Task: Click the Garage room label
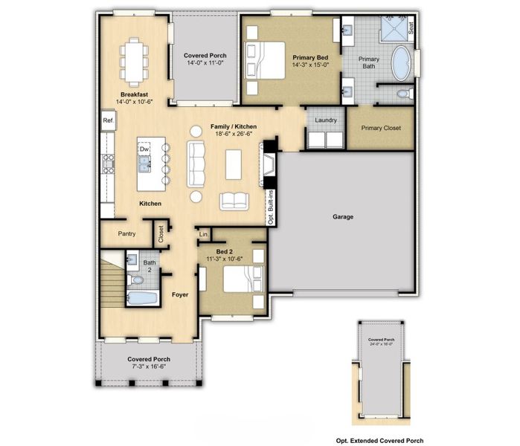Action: (343, 217)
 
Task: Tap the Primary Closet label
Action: (381, 128)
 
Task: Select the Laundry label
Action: (326, 120)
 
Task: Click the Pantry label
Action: (126, 233)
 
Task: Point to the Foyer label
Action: (179, 295)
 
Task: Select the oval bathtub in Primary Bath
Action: (402, 65)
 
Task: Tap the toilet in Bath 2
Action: (136, 280)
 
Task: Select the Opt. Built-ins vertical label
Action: (271, 207)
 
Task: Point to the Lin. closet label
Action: (203, 235)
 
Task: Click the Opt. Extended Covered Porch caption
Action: (379, 440)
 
